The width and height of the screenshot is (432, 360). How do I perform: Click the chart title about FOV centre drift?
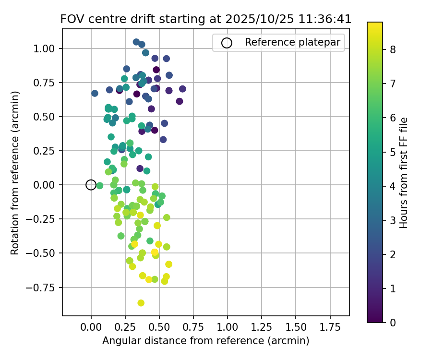(x=205, y=19)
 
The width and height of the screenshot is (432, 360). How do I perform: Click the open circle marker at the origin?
(x=91, y=185)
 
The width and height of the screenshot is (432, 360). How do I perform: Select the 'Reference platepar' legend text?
(x=292, y=42)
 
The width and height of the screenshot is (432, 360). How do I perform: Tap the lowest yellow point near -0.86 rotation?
(x=141, y=303)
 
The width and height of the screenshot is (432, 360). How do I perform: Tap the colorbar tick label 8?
(x=392, y=49)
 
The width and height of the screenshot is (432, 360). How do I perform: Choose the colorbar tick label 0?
(x=392, y=322)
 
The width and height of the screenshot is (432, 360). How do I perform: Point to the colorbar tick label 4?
(x=392, y=186)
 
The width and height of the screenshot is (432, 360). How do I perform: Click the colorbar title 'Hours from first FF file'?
(x=404, y=172)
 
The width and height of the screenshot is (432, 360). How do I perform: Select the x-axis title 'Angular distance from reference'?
(x=205, y=341)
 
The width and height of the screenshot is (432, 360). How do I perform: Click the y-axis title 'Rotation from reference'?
(x=15, y=172)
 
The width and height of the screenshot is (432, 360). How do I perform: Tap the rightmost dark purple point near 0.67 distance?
(x=182, y=89)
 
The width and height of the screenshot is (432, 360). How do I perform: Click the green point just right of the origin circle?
(x=99, y=186)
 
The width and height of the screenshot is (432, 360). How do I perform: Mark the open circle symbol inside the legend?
(x=227, y=43)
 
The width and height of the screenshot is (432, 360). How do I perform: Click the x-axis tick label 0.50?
(x=159, y=327)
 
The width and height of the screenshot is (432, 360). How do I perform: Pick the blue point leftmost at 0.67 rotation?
(x=95, y=94)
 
